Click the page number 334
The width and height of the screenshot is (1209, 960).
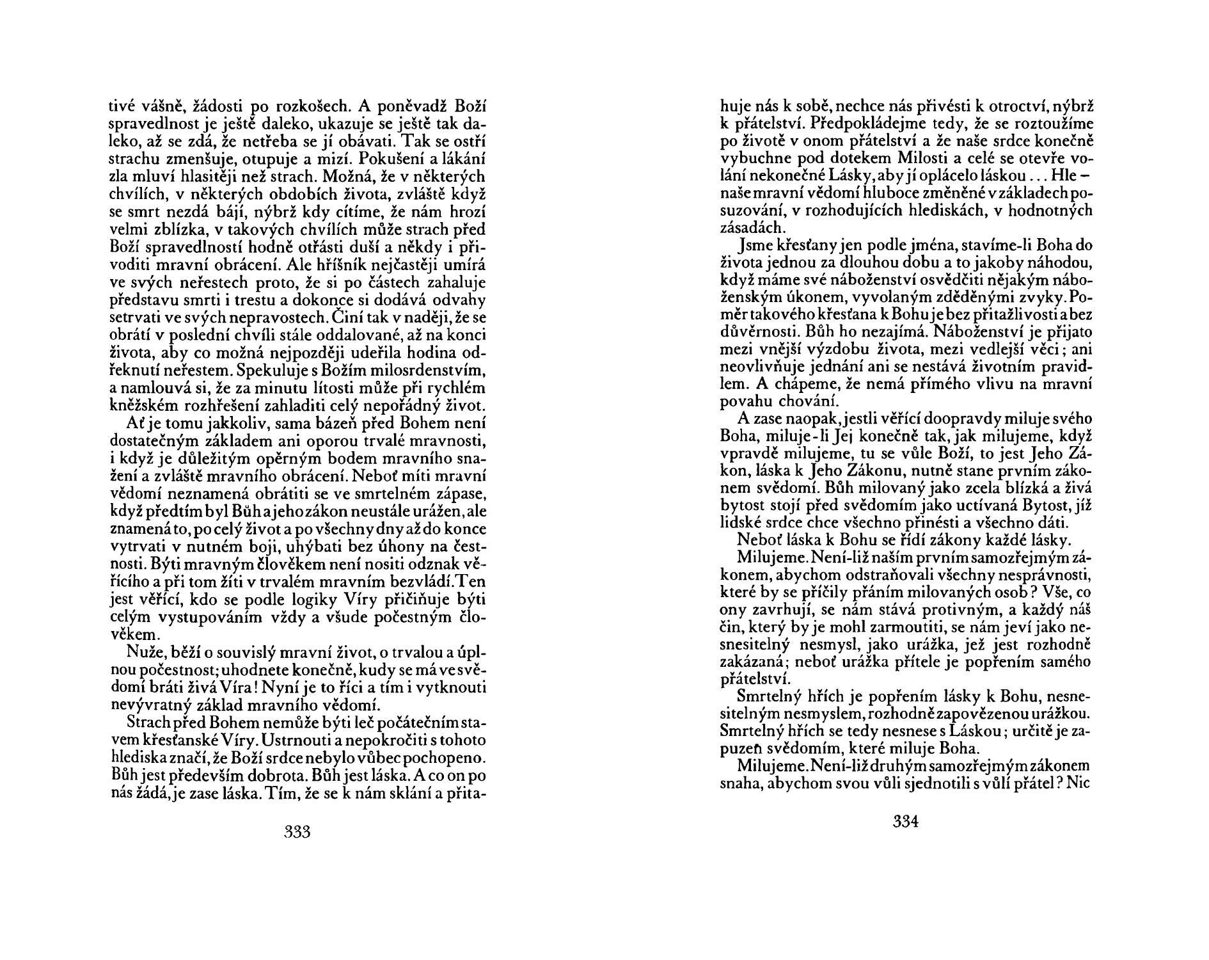[x=906, y=822]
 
